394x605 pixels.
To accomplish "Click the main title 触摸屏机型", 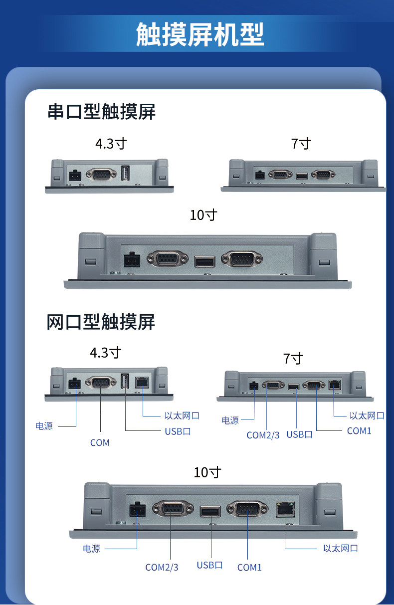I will click(x=199, y=34).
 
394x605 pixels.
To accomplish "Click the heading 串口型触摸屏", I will click(x=101, y=112).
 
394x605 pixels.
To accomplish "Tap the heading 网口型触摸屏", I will click(x=101, y=322).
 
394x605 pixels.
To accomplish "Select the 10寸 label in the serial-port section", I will click(x=203, y=215).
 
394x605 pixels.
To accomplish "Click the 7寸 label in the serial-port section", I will click(x=301, y=144).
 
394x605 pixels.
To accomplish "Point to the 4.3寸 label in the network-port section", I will click(x=105, y=353).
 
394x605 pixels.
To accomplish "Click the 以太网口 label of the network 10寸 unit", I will click(x=340, y=548).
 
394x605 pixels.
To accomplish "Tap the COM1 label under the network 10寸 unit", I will click(x=249, y=567).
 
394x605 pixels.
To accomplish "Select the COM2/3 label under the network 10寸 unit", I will click(x=162, y=567).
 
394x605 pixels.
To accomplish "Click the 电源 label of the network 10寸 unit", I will click(x=91, y=549).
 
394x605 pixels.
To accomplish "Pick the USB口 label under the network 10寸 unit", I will click(x=209, y=565).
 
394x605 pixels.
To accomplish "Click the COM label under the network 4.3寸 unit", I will click(x=100, y=442).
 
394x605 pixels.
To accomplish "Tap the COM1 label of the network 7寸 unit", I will click(x=359, y=431).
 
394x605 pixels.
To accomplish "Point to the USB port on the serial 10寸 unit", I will click(x=204, y=261).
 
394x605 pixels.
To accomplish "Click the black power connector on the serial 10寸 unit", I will click(x=132, y=259).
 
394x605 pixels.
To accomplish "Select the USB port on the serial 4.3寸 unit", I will click(x=125, y=174).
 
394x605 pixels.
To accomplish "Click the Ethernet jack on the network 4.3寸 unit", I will click(x=143, y=383).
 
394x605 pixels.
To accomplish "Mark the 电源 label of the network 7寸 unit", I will click(x=230, y=420).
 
